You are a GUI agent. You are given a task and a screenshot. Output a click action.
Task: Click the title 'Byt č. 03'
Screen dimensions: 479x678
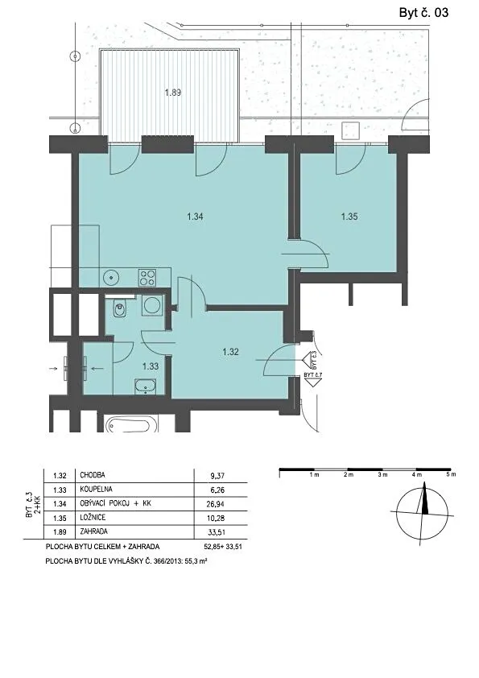click(x=423, y=13)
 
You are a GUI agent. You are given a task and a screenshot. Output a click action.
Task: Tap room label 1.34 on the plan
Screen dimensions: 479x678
click(x=196, y=217)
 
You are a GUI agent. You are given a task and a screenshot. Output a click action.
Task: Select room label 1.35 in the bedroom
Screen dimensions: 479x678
click(x=349, y=217)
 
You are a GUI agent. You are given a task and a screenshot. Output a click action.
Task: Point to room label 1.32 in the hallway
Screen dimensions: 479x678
click(x=230, y=352)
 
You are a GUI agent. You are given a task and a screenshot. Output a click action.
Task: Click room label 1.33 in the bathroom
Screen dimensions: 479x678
click(x=151, y=366)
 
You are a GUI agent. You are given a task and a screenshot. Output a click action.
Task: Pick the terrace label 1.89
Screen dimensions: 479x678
click(x=173, y=93)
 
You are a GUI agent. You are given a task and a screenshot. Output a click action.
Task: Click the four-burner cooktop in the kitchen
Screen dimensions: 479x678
click(x=147, y=277)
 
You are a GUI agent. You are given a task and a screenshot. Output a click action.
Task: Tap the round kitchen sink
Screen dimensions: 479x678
click(x=112, y=277)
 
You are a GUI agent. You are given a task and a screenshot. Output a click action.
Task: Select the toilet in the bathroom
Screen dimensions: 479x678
click(x=120, y=308)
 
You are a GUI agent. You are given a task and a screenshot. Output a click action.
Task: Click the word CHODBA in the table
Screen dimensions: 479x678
click(x=93, y=475)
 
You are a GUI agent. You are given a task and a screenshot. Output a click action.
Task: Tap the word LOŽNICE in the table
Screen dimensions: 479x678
click(x=93, y=518)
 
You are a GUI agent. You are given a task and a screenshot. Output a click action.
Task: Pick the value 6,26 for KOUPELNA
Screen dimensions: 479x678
click(x=217, y=490)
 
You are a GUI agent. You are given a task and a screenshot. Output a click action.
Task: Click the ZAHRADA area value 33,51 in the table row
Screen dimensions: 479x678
click(x=217, y=532)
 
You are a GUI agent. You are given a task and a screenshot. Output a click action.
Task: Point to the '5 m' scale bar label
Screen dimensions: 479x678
click(x=451, y=475)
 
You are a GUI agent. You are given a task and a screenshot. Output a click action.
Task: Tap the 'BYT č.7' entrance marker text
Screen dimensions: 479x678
click(x=313, y=374)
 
